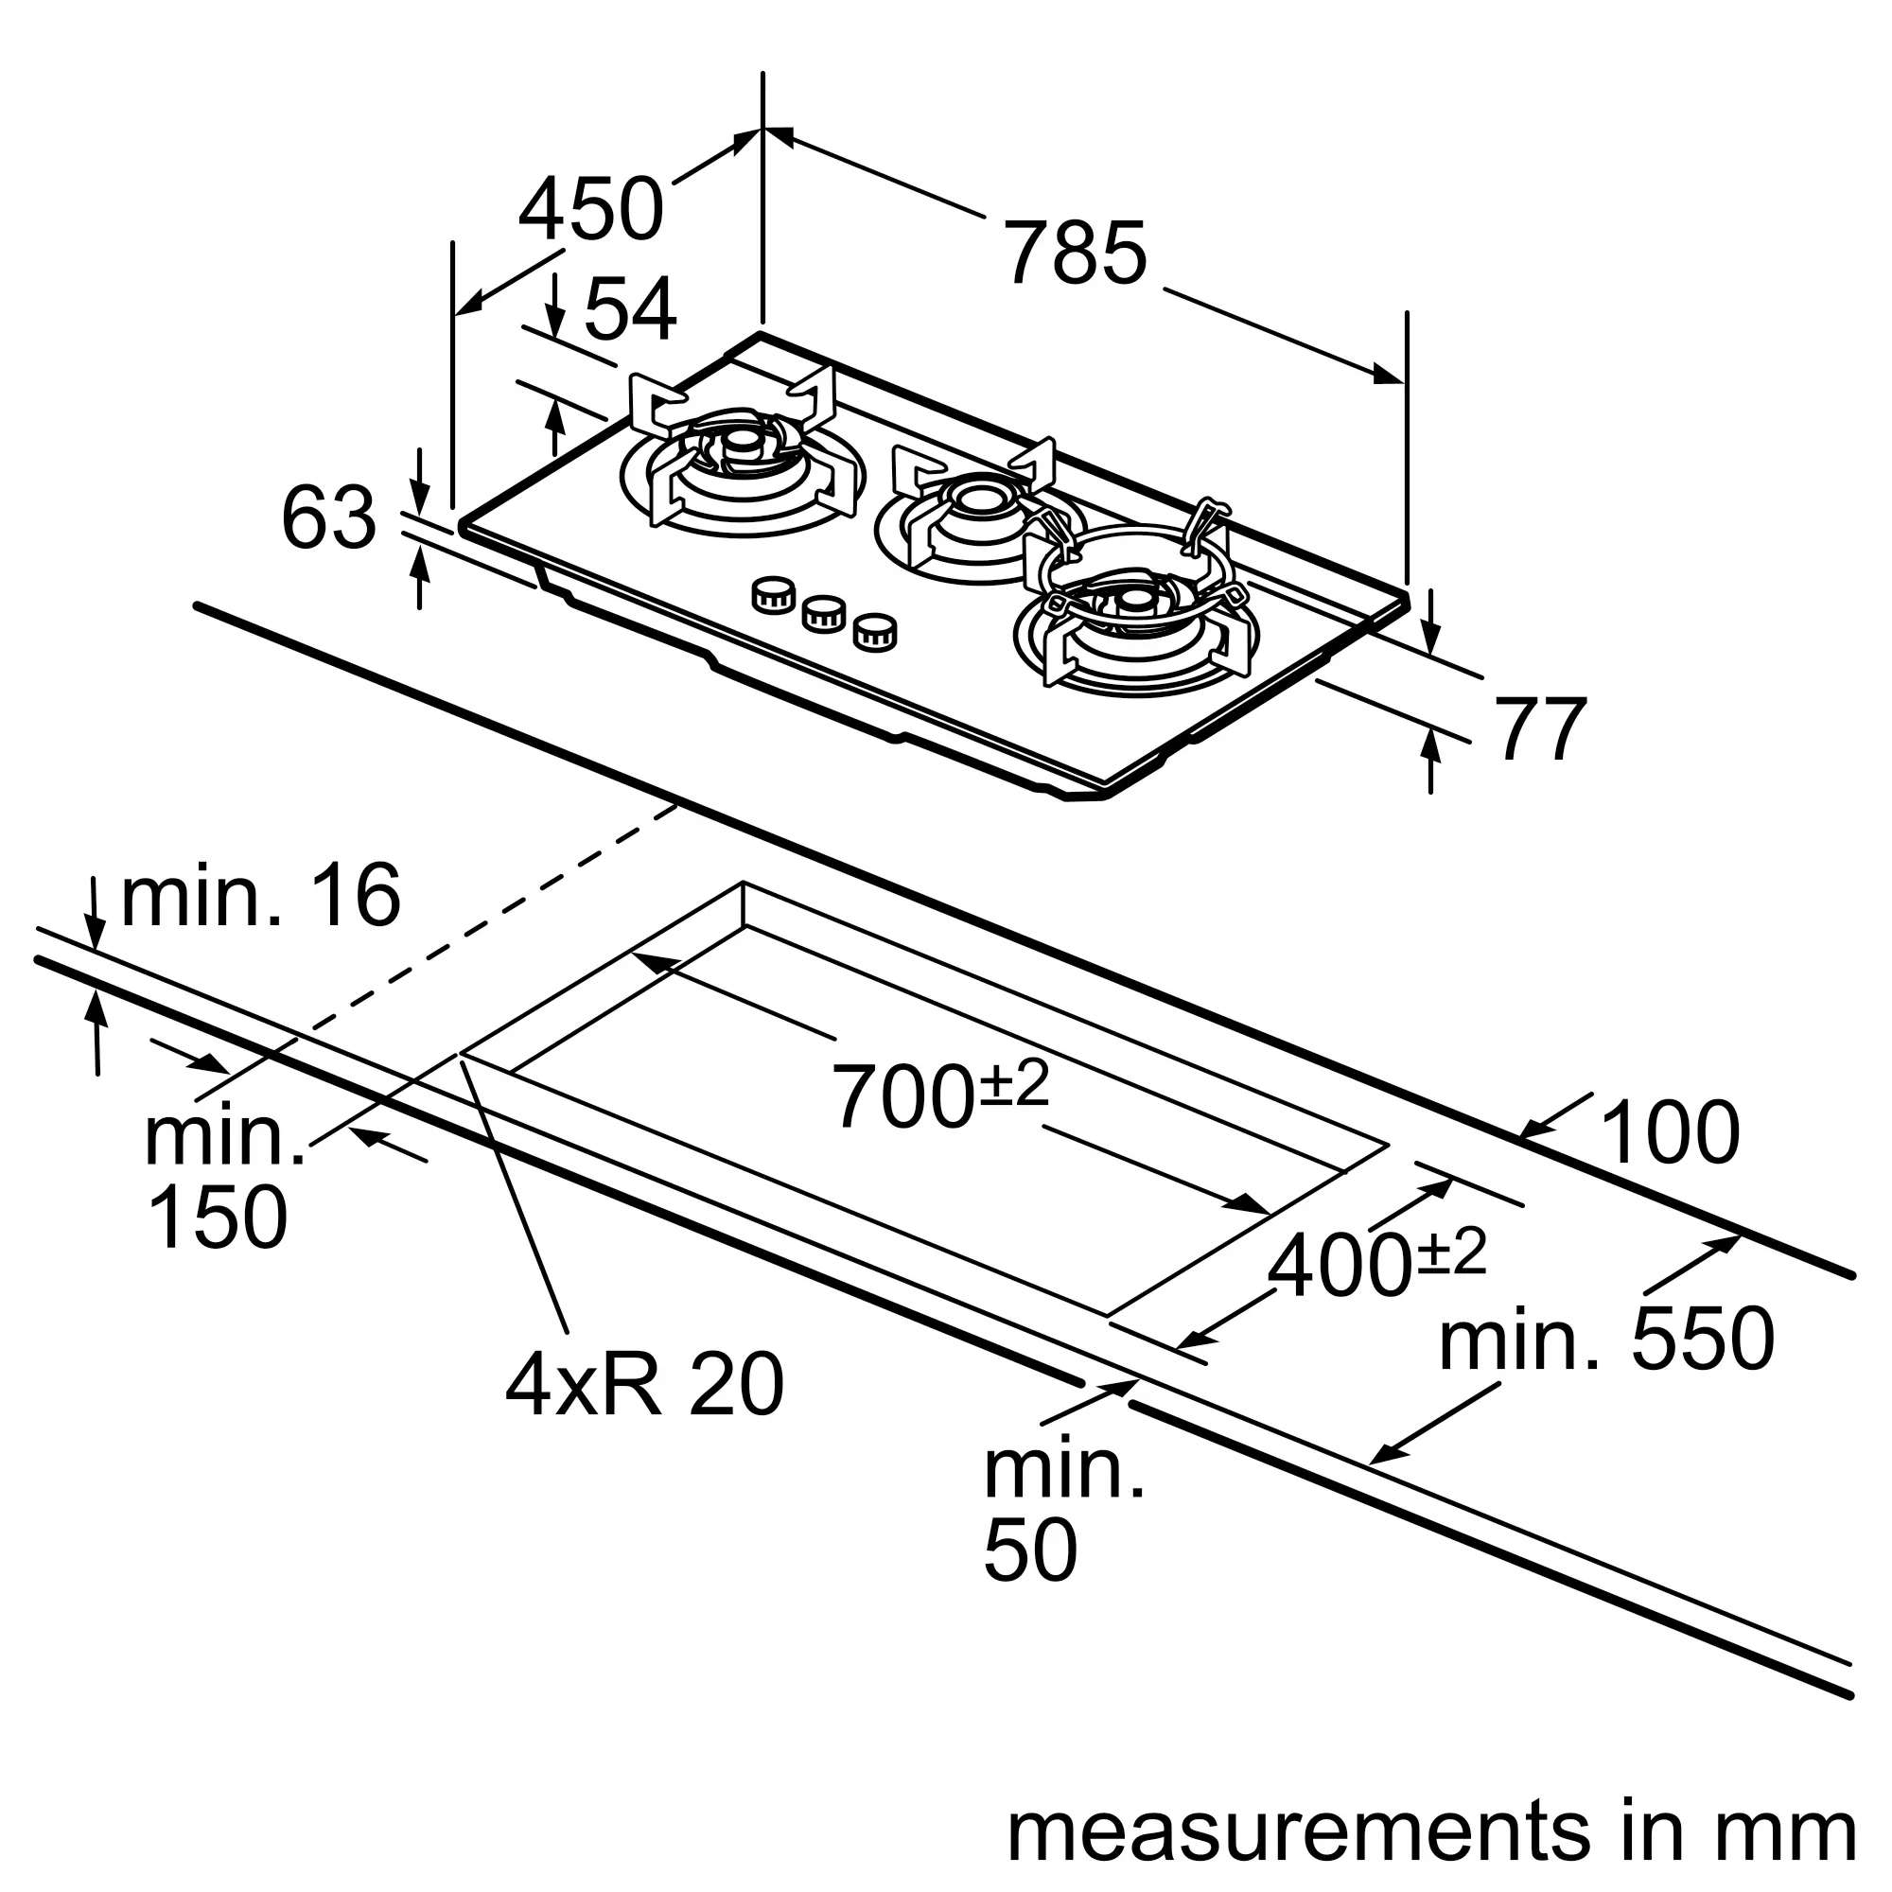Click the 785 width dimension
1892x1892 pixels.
(1077, 254)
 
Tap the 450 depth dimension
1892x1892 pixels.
(591, 208)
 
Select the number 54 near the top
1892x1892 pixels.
(630, 309)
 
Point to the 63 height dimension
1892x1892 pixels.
(328, 518)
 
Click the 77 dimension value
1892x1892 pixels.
(1541, 728)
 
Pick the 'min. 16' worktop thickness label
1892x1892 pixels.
(260, 894)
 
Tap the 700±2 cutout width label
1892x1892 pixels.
(940, 1095)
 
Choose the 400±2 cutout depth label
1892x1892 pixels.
(1376, 1263)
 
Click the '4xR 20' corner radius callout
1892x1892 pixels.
(644, 1384)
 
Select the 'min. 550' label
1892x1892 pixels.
(1606, 1339)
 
